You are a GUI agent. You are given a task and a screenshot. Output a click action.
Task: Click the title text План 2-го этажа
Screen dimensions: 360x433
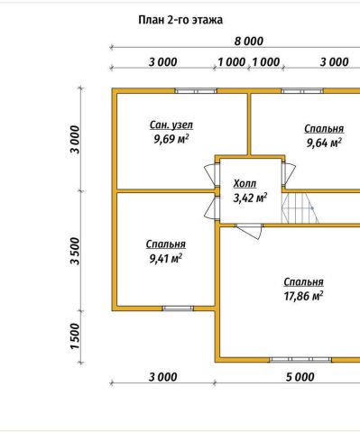click(180, 21)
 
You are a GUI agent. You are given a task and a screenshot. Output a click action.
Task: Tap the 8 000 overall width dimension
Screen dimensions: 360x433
click(249, 41)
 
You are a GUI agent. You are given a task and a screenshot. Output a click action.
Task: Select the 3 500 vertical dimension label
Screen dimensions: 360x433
click(76, 251)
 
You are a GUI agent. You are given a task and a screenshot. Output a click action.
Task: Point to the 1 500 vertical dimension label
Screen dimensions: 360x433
click(76, 336)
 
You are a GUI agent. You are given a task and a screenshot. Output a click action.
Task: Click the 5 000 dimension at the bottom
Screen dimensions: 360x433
click(300, 377)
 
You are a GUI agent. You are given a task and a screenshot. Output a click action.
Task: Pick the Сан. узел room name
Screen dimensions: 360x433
click(171, 125)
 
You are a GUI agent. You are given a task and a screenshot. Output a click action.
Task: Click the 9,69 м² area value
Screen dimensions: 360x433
click(171, 139)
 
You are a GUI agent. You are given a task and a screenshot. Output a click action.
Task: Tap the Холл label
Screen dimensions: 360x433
click(245, 183)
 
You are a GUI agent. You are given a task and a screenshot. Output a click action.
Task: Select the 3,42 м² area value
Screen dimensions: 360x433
click(250, 198)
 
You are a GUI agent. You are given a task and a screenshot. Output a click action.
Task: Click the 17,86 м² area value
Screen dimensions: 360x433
click(303, 296)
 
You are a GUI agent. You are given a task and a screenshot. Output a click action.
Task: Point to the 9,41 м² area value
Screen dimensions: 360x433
click(166, 258)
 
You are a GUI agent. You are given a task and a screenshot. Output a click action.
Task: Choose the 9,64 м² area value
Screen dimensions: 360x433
click(324, 143)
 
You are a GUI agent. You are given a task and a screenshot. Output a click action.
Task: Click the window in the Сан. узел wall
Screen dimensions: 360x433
click(196, 91)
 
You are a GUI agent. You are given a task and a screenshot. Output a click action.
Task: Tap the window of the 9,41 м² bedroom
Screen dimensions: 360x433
click(178, 309)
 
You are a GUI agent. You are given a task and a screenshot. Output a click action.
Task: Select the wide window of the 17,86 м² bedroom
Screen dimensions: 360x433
click(300, 360)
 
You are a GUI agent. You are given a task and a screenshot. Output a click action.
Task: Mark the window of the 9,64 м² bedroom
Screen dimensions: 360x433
click(302, 91)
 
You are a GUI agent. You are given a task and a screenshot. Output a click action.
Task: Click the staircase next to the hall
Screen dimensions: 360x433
click(300, 208)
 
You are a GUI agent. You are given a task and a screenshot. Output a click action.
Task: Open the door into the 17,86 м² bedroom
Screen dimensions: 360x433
click(250, 231)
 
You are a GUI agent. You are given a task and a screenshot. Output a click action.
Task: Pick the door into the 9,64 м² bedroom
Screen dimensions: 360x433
click(289, 174)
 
